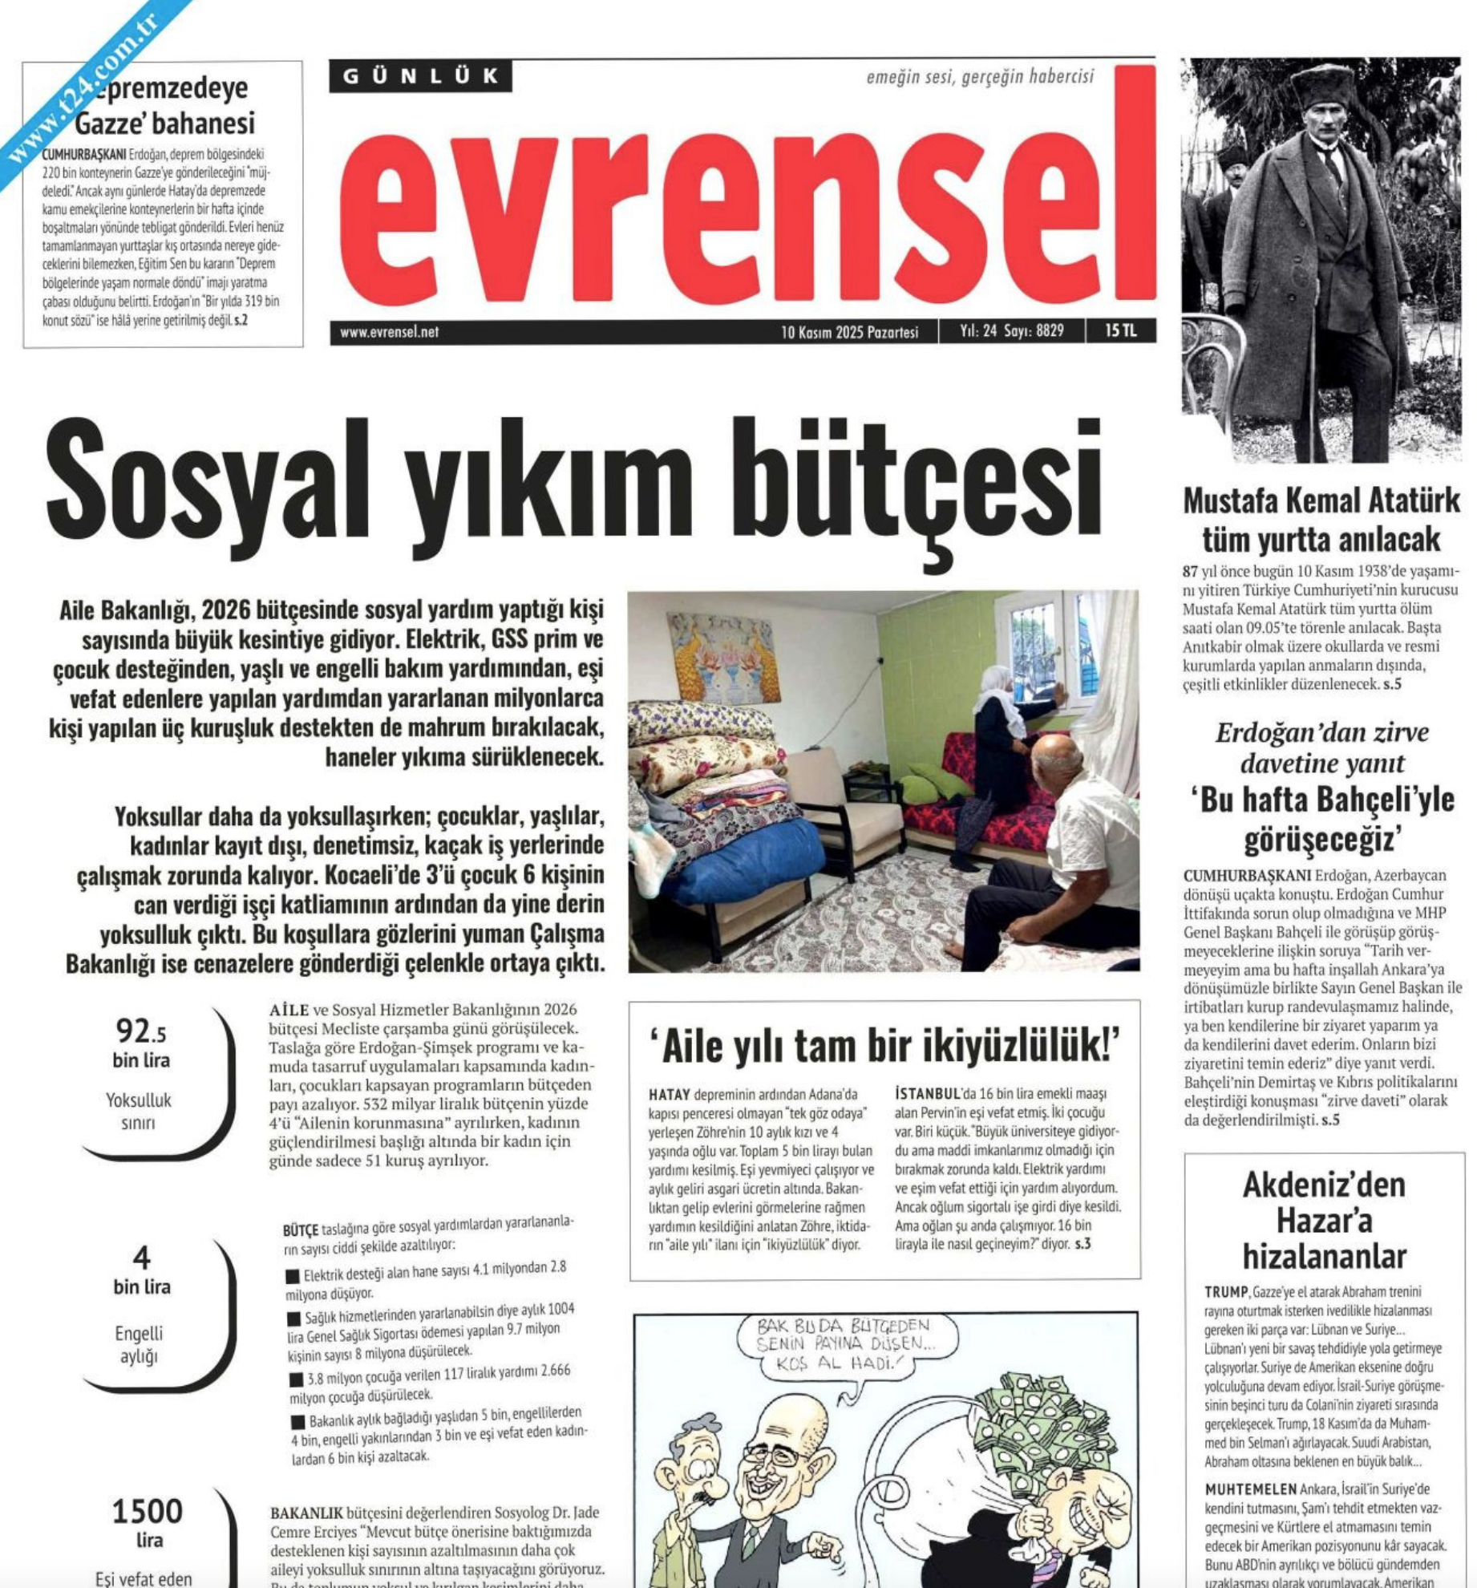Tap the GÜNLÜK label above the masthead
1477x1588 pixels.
coord(420,77)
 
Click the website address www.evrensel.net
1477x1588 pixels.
coord(389,332)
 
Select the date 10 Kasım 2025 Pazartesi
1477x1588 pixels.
coord(849,332)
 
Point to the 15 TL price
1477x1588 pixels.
coord(1119,330)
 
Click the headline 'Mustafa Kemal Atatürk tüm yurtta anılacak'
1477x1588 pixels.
coord(1321,520)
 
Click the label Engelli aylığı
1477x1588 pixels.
coord(139,1344)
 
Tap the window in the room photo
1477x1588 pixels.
coord(1040,650)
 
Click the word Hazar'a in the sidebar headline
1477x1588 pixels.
coord(1324,1220)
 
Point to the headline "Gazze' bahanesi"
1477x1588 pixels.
coord(164,123)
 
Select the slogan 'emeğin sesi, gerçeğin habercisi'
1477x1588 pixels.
coord(979,77)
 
